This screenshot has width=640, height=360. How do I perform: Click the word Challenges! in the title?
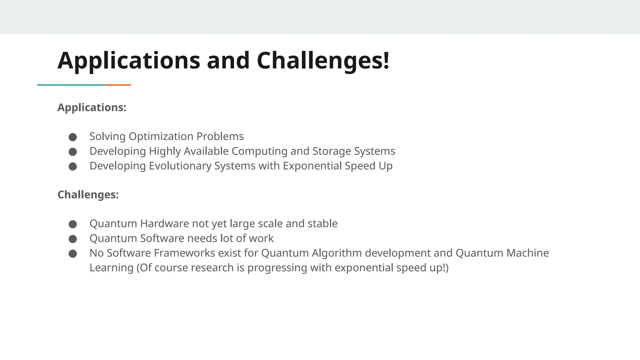pyautogui.click(x=323, y=60)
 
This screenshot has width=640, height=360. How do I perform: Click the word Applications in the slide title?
pyautogui.click(x=129, y=60)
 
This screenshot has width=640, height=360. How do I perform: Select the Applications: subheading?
pyautogui.click(x=92, y=107)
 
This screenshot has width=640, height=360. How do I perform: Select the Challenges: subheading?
pyautogui.click(x=88, y=195)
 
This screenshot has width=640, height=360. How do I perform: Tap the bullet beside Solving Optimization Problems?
pyautogui.click(x=73, y=137)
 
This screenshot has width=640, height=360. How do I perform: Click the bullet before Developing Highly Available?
pyautogui.click(x=73, y=152)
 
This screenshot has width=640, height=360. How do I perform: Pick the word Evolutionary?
pyautogui.click(x=180, y=166)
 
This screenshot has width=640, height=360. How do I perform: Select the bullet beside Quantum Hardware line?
pyautogui.click(x=73, y=224)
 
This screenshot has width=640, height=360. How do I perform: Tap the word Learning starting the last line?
pyautogui.click(x=112, y=268)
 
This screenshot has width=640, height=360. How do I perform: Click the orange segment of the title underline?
pyautogui.click(x=118, y=85)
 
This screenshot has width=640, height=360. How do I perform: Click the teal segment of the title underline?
pyautogui.click(x=71, y=85)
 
